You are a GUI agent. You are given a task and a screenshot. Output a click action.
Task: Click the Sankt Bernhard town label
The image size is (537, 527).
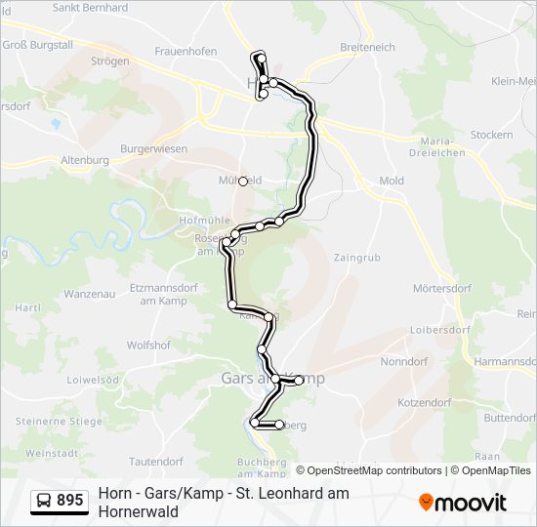(x=90, y=8)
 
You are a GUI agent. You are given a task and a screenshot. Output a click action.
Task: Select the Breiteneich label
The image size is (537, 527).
(x=368, y=47)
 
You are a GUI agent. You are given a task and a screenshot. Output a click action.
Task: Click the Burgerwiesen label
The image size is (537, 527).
(x=153, y=148)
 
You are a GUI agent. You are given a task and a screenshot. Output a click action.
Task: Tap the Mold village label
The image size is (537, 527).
(x=392, y=182)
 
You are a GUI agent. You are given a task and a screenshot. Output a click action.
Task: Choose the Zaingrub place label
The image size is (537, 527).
(x=357, y=258)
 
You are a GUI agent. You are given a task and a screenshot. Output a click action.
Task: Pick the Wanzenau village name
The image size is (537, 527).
(x=90, y=294)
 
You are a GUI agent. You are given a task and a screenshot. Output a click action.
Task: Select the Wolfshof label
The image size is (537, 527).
(x=148, y=345)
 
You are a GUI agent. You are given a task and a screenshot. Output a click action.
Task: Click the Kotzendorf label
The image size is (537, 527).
(x=424, y=402)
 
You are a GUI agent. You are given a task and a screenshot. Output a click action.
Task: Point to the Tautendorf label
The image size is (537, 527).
(x=156, y=461)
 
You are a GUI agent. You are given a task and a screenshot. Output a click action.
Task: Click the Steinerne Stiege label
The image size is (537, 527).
(x=59, y=421)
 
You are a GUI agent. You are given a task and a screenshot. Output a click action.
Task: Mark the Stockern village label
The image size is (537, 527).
(x=491, y=135)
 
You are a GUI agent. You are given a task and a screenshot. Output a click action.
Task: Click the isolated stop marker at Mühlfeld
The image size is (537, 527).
(x=243, y=181)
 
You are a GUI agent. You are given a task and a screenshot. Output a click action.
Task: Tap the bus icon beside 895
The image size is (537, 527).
(x=44, y=501)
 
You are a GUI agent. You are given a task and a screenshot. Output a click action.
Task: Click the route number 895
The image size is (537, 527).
(x=69, y=501)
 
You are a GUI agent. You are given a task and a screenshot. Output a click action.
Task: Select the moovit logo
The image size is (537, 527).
(x=463, y=503)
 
